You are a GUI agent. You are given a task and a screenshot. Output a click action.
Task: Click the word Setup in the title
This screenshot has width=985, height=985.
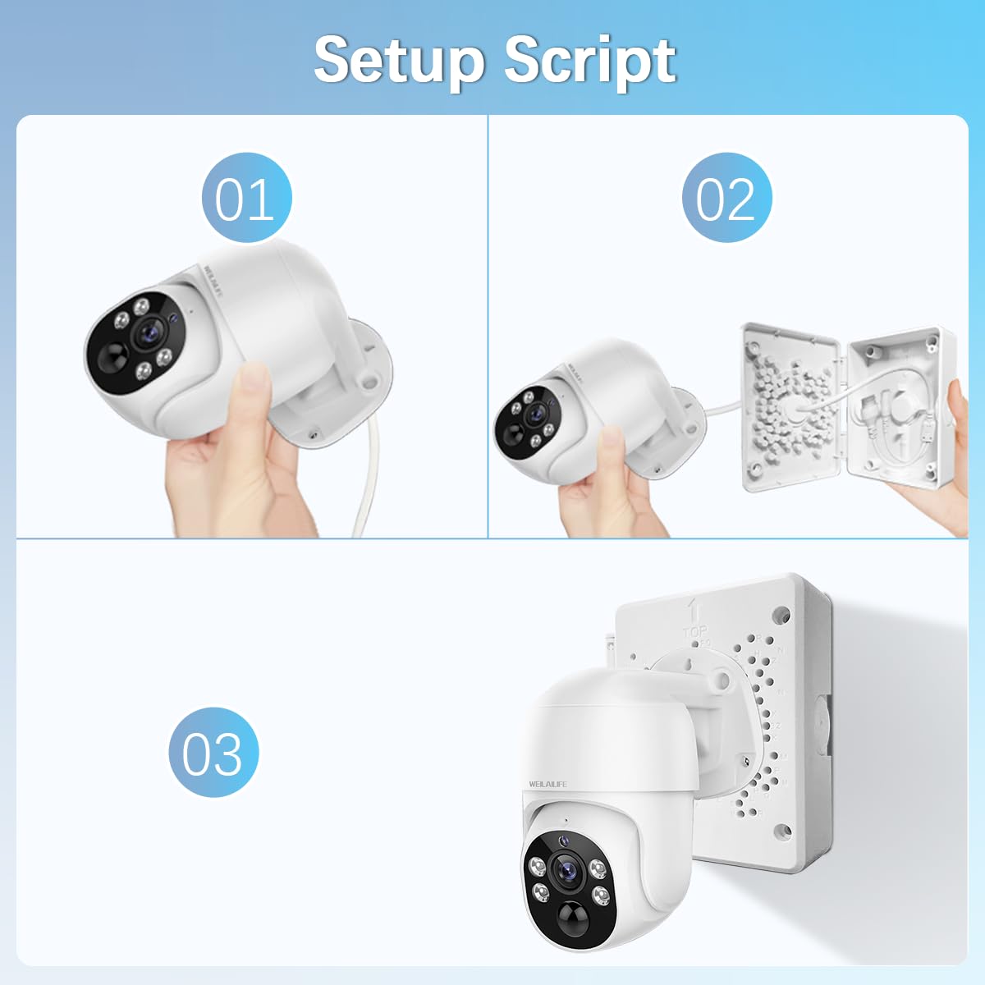pyautogui.click(x=401, y=59)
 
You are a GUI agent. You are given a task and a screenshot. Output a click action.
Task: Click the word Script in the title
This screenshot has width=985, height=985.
pyautogui.click(x=589, y=61)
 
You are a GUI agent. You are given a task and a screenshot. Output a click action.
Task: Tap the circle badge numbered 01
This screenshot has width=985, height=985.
pyautogui.click(x=246, y=198)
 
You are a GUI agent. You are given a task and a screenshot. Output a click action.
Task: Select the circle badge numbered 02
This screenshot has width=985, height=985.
pyautogui.click(x=726, y=198)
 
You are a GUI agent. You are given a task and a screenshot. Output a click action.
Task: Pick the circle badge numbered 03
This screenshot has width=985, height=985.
pyautogui.click(x=213, y=753)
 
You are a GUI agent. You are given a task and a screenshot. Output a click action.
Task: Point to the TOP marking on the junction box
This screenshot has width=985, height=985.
pyautogui.click(x=695, y=632)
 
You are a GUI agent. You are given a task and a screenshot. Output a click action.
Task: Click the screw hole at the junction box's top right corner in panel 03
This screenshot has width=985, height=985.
pyautogui.click(x=781, y=612)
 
